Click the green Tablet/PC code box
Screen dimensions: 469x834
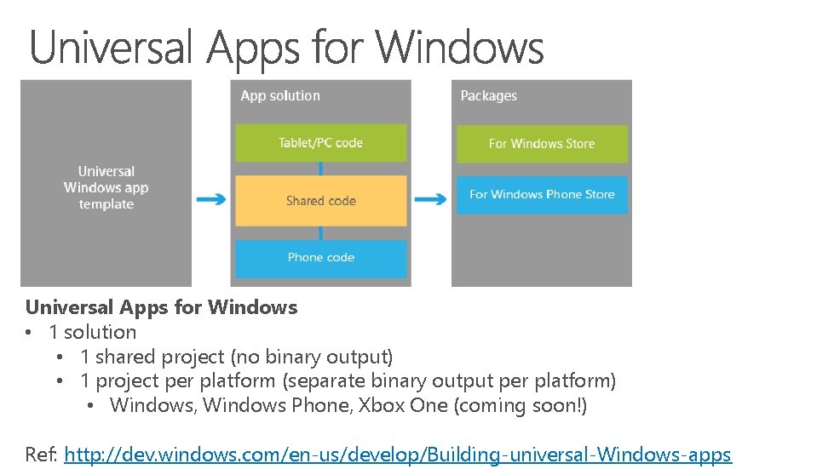click(x=320, y=143)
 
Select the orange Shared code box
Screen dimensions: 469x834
click(x=320, y=201)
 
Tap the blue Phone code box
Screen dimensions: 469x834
click(x=320, y=257)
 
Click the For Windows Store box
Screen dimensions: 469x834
click(x=542, y=144)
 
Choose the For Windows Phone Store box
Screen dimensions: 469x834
click(x=542, y=195)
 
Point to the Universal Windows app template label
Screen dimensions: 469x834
click(x=106, y=187)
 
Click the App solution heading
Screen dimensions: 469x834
click(x=280, y=96)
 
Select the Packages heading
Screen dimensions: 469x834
click(x=488, y=96)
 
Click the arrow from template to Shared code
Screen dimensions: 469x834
click(x=210, y=200)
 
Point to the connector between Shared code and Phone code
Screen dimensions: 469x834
click(x=320, y=233)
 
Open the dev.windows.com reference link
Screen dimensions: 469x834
click(x=398, y=455)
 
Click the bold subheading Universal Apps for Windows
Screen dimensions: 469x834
click(x=161, y=307)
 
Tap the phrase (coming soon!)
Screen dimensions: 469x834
click(x=521, y=405)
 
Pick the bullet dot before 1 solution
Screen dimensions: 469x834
click(x=29, y=333)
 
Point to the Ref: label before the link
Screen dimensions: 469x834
click(x=41, y=455)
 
